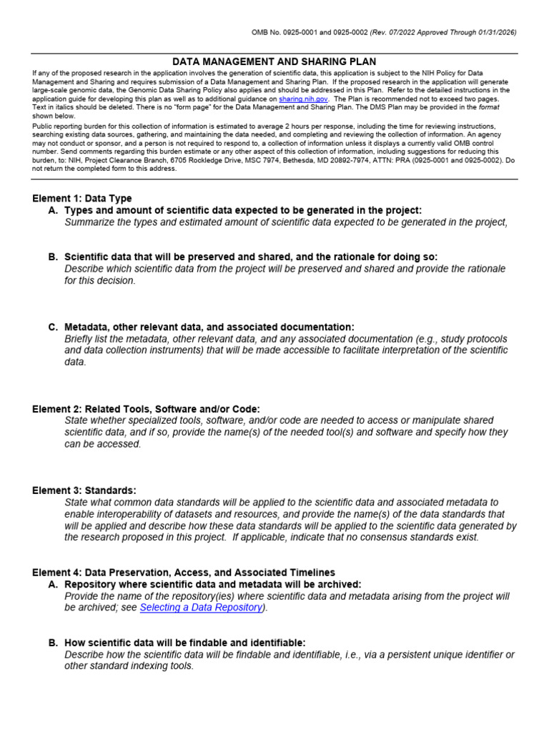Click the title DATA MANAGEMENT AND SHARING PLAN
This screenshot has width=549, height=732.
coord(274,62)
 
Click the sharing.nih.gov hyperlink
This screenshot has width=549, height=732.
coord(304,99)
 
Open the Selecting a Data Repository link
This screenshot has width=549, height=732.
coord(201,608)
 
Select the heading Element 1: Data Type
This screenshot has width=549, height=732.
coord(82,198)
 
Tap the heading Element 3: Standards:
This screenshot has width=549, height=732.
coord(84,490)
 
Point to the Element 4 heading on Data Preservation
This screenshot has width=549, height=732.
coord(183,573)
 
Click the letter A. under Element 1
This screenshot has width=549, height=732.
coord(53,210)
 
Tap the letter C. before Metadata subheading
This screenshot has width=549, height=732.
coord(53,327)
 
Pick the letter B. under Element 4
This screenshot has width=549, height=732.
coord(53,643)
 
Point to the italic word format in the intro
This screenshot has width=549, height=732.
coord(488,107)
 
